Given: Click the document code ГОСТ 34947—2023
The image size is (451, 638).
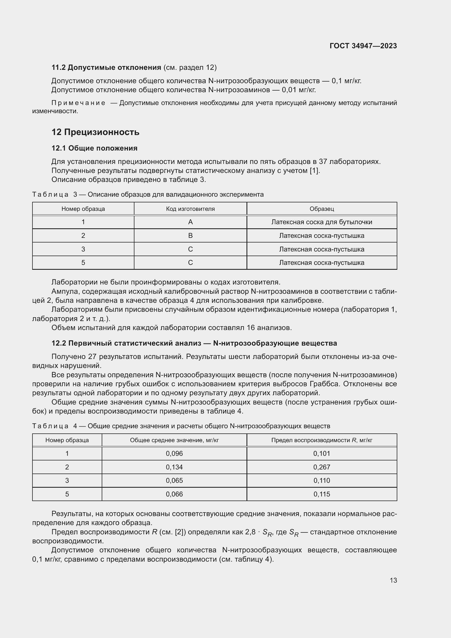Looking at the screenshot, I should (363, 46).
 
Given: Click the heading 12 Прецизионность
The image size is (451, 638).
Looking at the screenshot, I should (95, 132).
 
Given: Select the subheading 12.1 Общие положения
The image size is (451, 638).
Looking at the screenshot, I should (94, 148).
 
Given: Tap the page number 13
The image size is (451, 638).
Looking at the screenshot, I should (393, 580).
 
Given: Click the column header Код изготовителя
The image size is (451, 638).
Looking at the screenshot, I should (190, 209).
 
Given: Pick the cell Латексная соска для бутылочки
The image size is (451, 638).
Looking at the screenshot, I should (321, 222).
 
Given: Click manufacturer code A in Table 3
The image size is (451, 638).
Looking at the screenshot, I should (190, 222).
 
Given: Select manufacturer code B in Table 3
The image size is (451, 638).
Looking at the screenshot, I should (190, 236).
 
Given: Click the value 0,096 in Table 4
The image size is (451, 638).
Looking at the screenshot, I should (174, 454).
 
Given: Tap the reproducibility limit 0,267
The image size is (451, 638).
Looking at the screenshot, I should (321, 467).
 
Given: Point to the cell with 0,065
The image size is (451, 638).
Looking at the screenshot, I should (174, 480).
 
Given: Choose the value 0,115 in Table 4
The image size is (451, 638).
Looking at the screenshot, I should (321, 494).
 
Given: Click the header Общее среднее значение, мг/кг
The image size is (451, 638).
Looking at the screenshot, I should (174, 440).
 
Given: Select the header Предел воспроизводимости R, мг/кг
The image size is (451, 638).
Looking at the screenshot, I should (321, 440).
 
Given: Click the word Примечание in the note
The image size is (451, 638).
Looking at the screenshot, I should (78, 103).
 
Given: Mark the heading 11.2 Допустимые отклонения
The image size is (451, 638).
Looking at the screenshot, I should (106, 68).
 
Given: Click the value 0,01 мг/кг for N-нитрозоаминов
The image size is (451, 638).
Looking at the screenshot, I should (299, 90).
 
